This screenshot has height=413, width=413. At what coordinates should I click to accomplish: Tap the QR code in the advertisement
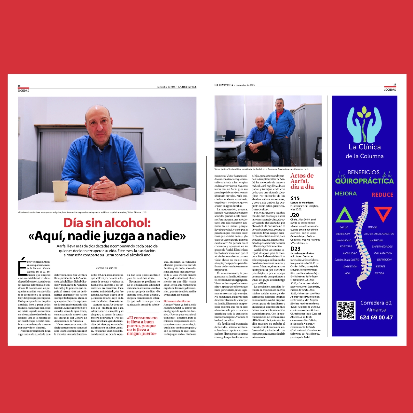346,310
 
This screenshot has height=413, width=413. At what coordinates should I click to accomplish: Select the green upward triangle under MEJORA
344,214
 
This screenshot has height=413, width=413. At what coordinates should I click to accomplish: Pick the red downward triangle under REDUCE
383,214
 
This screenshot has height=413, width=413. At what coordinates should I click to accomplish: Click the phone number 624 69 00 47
376,317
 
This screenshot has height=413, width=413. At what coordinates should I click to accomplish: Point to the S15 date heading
295,198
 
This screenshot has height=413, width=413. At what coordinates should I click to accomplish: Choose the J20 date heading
295,215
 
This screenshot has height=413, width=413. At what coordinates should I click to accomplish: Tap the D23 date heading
295,248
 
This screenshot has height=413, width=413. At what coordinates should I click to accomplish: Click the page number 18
19,86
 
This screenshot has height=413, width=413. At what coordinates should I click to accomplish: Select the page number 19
395,85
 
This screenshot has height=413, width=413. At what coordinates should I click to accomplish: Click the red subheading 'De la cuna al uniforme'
177,301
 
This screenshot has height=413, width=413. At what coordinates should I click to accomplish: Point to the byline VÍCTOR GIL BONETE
107,268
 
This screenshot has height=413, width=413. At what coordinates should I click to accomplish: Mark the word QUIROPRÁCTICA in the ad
364,181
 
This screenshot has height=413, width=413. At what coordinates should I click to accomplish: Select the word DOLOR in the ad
372,227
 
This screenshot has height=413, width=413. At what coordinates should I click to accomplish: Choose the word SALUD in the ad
344,227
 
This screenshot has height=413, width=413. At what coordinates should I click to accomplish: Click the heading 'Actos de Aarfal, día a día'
302,181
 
